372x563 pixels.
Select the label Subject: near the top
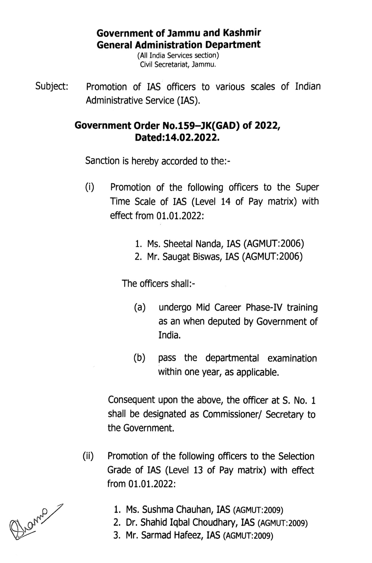tap(52, 87)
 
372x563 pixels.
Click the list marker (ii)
tap(88, 456)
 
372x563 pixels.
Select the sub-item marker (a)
tap(140, 307)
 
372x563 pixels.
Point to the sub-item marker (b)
tap(139, 358)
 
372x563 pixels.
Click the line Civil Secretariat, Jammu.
tap(178, 65)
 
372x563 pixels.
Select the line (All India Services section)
tap(178, 56)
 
